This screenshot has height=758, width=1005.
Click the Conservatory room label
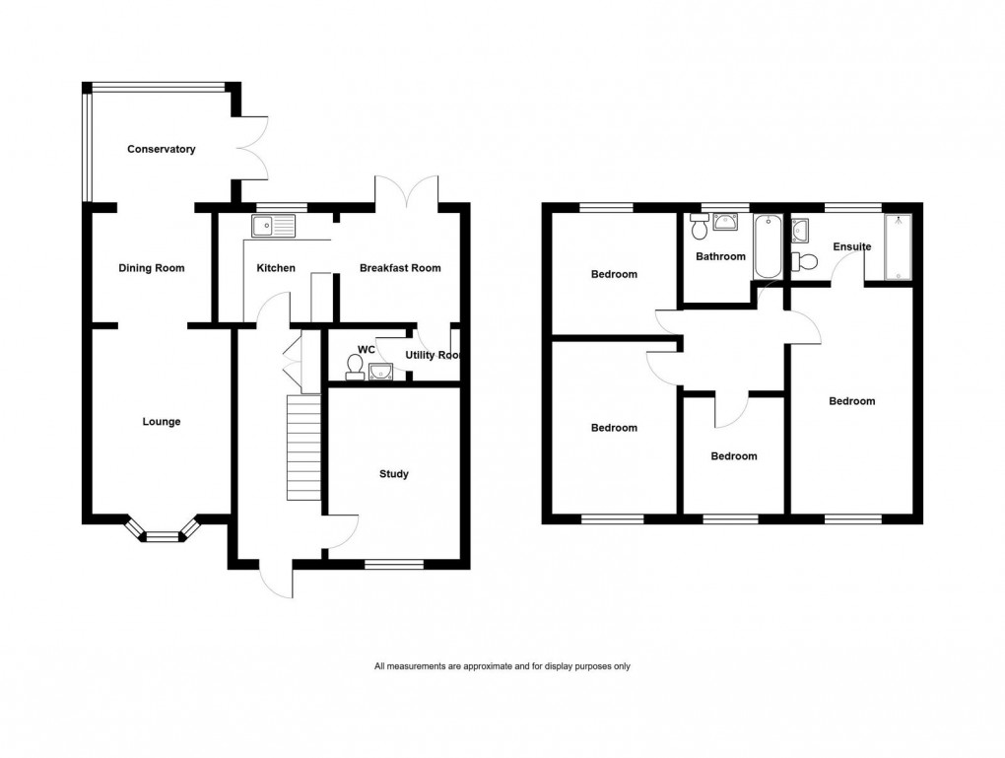[x=162, y=150]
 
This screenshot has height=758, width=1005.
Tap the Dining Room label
[x=152, y=268]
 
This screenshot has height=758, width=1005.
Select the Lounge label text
[x=162, y=422]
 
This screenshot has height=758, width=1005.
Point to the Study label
[x=394, y=474]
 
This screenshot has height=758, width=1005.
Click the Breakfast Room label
[x=400, y=268]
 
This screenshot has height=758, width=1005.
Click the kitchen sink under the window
[x=273, y=227]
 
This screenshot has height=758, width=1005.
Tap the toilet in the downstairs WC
[x=354, y=367]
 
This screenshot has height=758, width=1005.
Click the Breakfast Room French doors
[x=407, y=191]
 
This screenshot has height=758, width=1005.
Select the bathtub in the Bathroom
[x=766, y=245]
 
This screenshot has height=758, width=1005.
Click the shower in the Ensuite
[x=900, y=246]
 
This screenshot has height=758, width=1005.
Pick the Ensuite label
[x=850, y=246]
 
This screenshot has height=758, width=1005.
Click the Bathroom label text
[x=720, y=256]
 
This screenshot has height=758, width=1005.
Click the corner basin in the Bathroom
[x=730, y=222]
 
